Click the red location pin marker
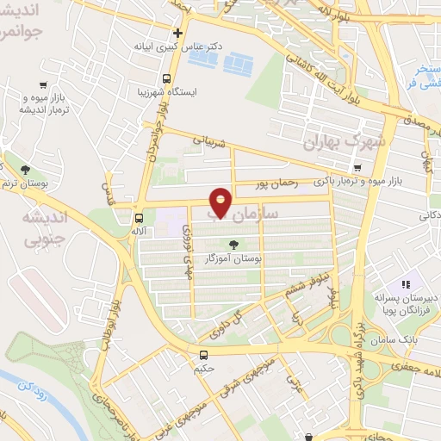pos(221,202)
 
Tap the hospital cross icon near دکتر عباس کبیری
pos(177,34)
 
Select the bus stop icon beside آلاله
pos(139,217)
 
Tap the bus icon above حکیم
pos(203,354)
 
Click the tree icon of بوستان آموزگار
pos(233,243)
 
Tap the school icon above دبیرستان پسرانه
pos(404,283)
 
